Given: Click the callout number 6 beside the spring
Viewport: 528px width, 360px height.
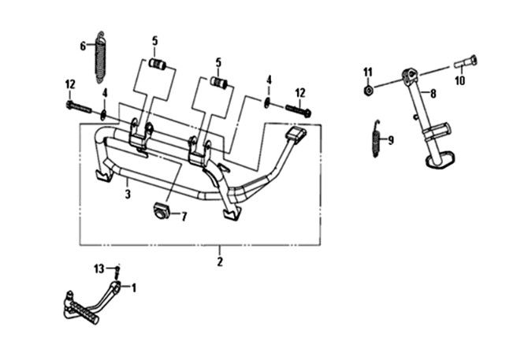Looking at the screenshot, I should pyautogui.click(x=83, y=46).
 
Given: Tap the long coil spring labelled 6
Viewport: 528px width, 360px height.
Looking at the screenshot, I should pyautogui.click(x=100, y=57).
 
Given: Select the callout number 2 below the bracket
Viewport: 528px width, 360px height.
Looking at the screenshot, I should pyautogui.click(x=220, y=261).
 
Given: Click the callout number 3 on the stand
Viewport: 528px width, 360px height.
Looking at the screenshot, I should pyautogui.click(x=128, y=191).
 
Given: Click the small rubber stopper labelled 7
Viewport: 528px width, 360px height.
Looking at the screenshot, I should pyautogui.click(x=161, y=210).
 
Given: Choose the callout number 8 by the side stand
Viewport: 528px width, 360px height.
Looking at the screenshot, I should pyautogui.click(x=433, y=92).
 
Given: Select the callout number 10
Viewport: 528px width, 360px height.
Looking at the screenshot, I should pyautogui.click(x=459, y=79).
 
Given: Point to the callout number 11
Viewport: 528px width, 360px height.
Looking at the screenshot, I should pyautogui.click(x=367, y=72).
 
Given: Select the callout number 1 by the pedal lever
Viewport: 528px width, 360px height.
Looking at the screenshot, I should pyautogui.click(x=133, y=287).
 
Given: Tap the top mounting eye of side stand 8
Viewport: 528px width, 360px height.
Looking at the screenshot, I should pyautogui.click(x=408, y=76).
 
